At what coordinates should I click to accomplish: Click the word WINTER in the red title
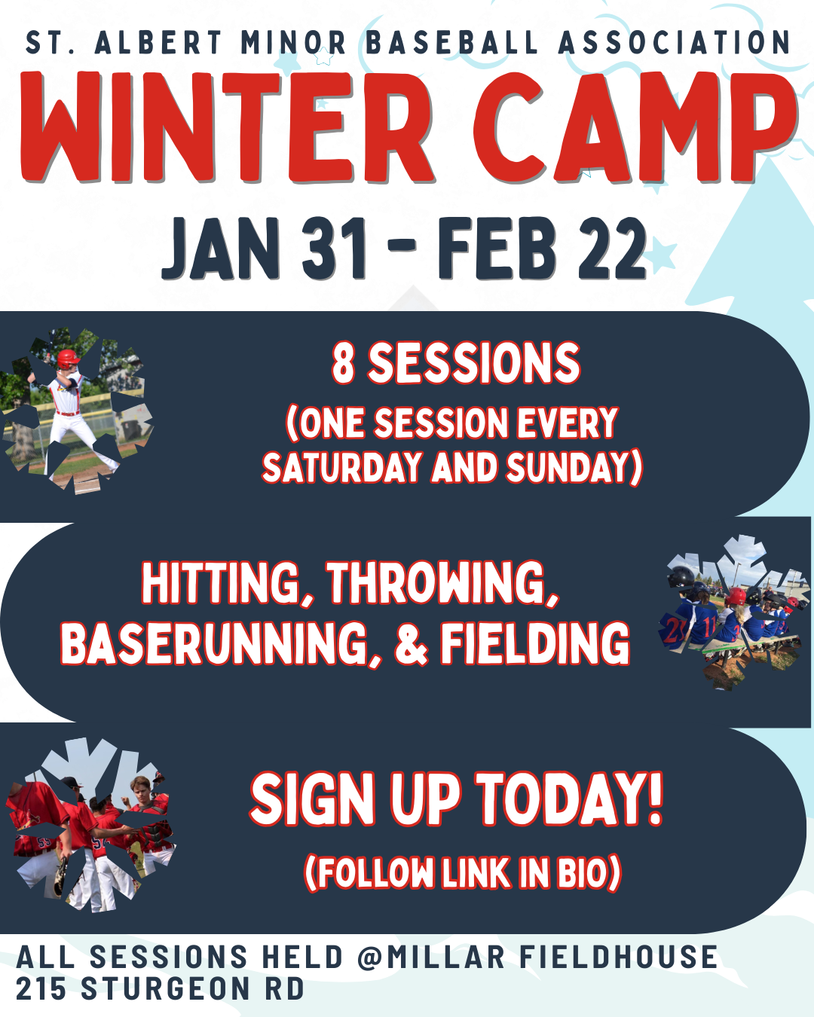(226, 127)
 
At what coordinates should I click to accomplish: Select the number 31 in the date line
(335, 248)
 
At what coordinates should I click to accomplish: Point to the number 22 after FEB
(612, 248)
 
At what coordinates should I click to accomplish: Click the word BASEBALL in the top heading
(452, 42)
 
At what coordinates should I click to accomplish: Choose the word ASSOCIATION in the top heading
(675, 42)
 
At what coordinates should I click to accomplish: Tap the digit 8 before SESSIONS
(343, 363)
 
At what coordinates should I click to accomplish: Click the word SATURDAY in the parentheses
(341, 467)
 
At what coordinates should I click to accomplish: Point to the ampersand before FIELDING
(412, 643)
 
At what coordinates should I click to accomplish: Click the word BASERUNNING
(221, 643)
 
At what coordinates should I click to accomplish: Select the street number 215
(41, 988)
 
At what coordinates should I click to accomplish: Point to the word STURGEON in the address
(166, 988)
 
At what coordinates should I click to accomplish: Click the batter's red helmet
(68, 359)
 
